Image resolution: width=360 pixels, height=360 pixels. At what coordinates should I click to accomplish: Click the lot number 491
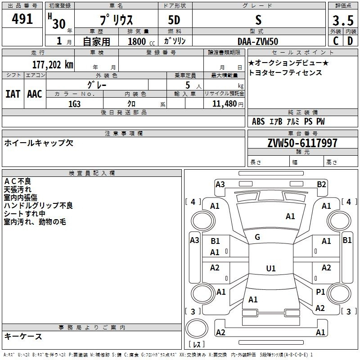tap(22, 19)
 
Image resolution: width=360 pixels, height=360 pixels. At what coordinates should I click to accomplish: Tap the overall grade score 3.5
tap(343, 20)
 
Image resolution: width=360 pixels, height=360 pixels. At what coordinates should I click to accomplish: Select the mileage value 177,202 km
tap(53, 65)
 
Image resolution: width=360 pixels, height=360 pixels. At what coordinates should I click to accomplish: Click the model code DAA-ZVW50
tap(258, 41)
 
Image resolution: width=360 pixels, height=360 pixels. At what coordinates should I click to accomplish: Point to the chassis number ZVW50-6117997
tap(302, 143)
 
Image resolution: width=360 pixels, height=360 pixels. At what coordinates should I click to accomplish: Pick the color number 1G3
tap(74, 104)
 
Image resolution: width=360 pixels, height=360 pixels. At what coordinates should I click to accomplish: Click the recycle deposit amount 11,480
tap(224, 104)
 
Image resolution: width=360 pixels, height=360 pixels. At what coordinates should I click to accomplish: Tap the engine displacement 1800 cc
tap(141, 42)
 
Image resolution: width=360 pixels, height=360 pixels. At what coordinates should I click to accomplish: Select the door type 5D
tap(174, 20)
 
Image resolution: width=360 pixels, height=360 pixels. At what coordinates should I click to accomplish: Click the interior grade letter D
tap(350, 41)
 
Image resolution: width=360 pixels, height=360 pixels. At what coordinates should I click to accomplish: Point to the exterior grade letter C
tap(336, 41)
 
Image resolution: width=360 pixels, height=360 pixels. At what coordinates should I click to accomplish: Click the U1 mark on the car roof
tap(271, 268)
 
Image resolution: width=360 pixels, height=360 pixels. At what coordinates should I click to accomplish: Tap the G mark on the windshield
tap(257, 237)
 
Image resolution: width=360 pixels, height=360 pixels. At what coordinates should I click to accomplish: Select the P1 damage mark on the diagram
tap(320, 292)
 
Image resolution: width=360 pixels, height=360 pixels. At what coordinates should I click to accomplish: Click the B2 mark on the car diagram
tap(321, 184)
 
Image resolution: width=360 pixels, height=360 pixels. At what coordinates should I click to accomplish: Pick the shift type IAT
tap(13, 94)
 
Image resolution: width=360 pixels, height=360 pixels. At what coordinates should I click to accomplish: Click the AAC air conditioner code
tap(35, 94)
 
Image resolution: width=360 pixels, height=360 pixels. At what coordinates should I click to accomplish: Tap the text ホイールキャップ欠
tap(39, 143)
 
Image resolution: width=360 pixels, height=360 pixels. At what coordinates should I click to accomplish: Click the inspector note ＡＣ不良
tap(18, 181)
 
